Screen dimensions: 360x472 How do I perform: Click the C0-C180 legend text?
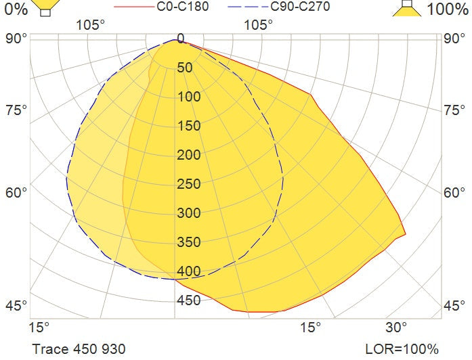point(182,7)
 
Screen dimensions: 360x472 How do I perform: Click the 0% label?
point(14,9)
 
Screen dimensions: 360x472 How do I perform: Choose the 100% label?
point(447,9)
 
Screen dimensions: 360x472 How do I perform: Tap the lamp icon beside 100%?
point(406,7)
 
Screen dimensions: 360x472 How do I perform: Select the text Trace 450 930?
point(79,349)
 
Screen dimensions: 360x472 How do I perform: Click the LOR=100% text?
point(402,349)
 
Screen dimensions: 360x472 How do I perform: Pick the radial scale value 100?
point(190,97)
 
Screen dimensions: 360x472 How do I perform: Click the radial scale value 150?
point(190,126)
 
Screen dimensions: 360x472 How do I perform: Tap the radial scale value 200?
point(190,155)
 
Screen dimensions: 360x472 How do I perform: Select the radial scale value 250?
point(190,184)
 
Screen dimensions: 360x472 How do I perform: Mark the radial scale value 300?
point(190,213)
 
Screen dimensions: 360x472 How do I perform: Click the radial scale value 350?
point(190,242)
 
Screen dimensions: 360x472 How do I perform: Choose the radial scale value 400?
point(190,271)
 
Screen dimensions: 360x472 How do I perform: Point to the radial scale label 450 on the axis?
point(190,300)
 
